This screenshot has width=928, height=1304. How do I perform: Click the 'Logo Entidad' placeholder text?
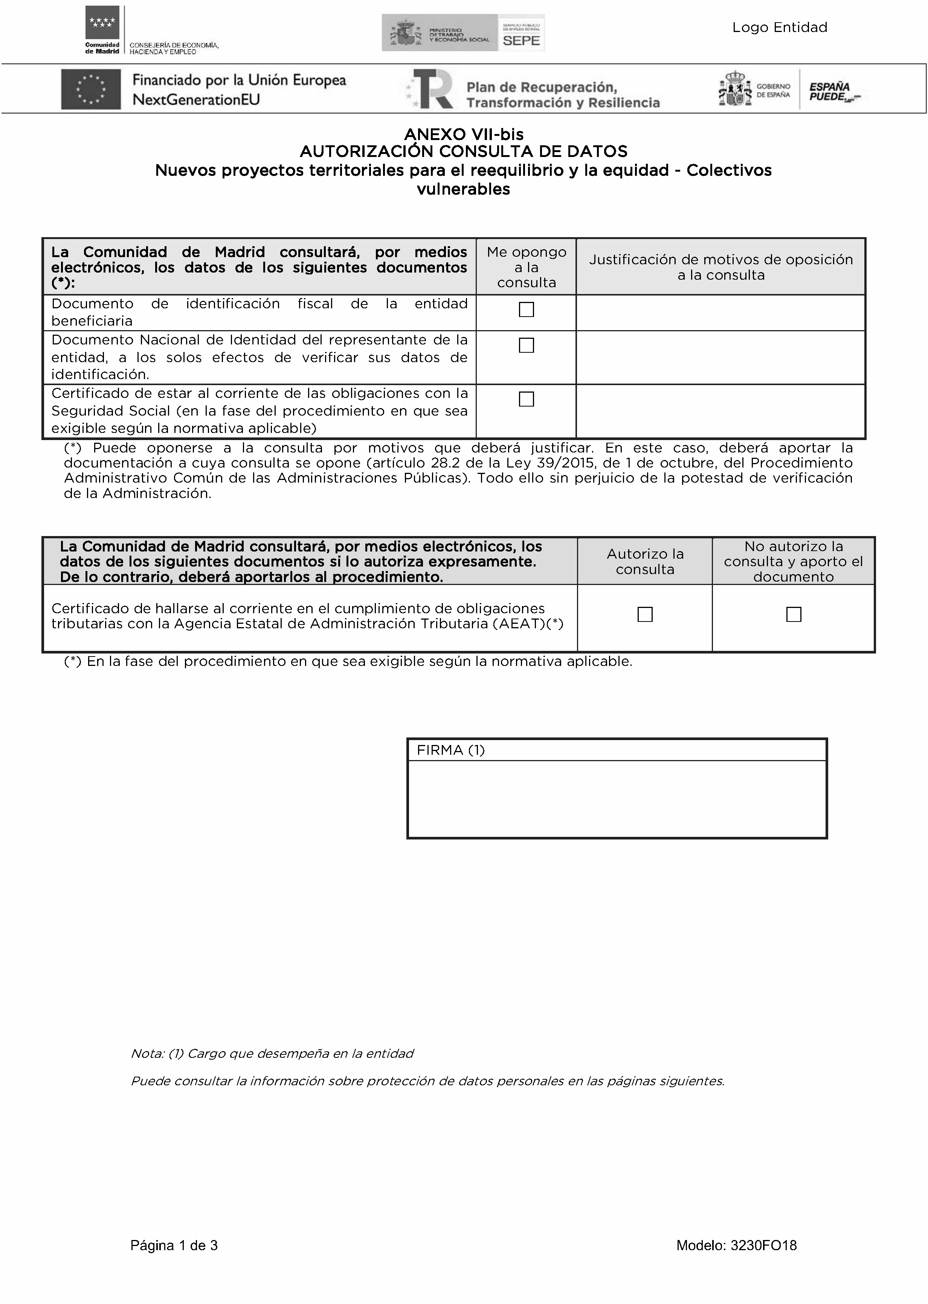click(x=780, y=27)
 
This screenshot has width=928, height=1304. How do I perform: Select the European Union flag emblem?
click(x=91, y=89)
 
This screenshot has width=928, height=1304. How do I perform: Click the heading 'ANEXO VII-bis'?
click(x=463, y=134)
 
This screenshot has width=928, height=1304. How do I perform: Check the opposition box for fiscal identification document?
click(x=526, y=309)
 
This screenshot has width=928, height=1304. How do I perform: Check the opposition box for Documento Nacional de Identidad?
click(x=526, y=346)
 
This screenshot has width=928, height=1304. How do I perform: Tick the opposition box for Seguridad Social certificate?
click(x=526, y=399)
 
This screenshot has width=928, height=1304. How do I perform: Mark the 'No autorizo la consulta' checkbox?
click(x=793, y=615)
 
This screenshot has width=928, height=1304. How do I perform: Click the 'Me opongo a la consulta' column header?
click(x=526, y=267)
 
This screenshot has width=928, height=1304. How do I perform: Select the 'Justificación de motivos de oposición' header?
click(x=720, y=267)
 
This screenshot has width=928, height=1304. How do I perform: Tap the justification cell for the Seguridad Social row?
click(x=720, y=411)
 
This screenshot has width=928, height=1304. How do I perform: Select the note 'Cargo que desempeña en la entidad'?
click(x=272, y=1054)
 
